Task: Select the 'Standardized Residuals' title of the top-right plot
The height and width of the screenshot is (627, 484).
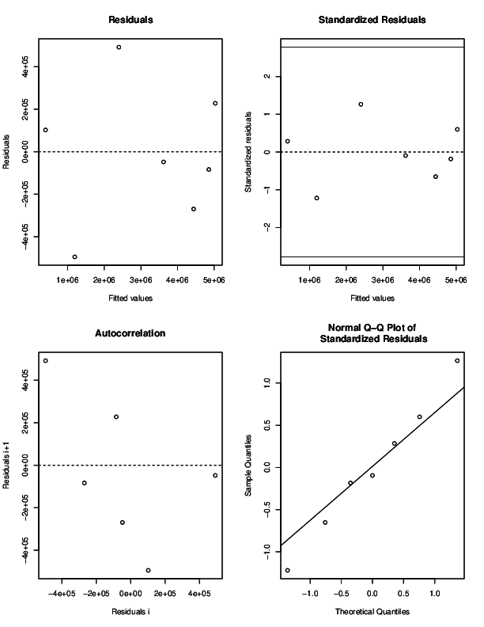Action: click(x=372, y=18)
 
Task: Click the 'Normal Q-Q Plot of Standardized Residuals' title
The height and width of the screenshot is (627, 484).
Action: click(x=372, y=333)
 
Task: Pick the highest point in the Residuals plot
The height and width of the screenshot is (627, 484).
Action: click(x=119, y=47)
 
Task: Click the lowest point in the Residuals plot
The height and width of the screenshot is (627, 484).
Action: click(x=74, y=256)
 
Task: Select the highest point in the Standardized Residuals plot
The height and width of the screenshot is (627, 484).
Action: click(x=361, y=104)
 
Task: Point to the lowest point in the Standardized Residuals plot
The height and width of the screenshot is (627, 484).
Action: click(x=316, y=198)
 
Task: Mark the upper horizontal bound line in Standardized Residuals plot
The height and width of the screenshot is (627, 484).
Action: click(x=372, y=47)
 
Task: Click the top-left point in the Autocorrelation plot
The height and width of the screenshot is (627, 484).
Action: click(x=46, y=361)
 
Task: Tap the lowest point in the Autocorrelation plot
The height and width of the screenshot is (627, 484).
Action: click(x=148, y=570)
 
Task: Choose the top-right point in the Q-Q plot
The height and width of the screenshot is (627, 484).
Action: click(x=457, y=361)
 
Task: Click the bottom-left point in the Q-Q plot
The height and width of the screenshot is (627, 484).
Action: click(x=287, y=570)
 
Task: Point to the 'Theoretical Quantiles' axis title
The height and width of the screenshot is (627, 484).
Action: click(x=372, y=612)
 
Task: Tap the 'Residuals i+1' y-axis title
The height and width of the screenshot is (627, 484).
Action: click(x=7, y=465)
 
